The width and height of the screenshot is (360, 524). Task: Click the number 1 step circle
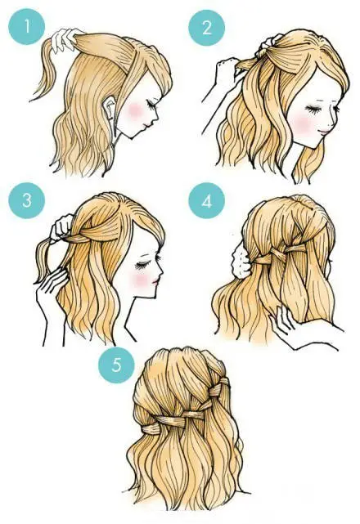pos(26,26)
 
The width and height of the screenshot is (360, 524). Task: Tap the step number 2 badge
pos(207,28)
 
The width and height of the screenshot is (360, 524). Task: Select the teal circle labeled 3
pos(26,200)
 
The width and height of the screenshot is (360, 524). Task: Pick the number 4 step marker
pos(207,201)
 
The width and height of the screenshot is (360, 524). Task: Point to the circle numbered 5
pos(116,365)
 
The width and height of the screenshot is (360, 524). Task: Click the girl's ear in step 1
pos(110,106)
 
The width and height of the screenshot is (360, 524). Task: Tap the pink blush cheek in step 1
pos(136,111)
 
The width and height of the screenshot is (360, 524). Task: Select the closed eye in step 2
pos(313,110)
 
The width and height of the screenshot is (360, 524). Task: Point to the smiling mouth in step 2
pos(324,132)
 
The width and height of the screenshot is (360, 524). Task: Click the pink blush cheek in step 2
pos(301,123)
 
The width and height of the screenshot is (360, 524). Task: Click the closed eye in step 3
pos(142,266)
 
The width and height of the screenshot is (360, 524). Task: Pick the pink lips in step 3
pos(155,282)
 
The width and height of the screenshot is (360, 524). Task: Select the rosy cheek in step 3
pos(141,279)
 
